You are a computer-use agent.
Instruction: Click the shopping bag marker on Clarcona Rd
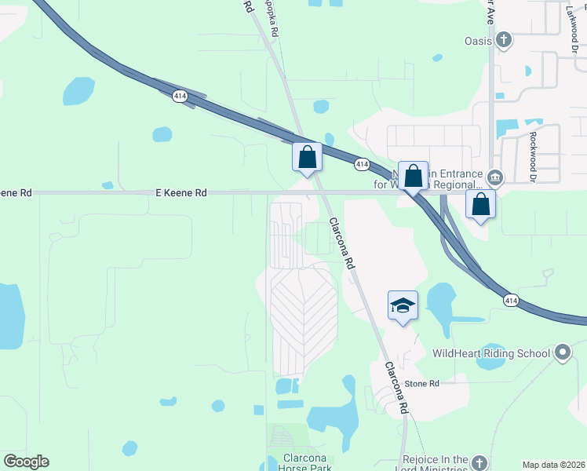[307, 156]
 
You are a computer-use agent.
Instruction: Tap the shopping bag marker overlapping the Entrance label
[413, 177]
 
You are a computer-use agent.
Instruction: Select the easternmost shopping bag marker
[480, 204]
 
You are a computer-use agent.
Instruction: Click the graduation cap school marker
[403, 305]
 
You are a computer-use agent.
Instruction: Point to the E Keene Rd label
[180, 192]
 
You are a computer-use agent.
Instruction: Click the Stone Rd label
[422, 384]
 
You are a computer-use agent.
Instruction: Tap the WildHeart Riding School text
[491, 353]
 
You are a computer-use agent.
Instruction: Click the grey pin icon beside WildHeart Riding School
[562, 352]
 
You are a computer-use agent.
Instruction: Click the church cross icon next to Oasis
[505, 38]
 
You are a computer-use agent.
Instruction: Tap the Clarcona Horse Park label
[300, 463]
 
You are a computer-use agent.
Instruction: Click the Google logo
[26, 462]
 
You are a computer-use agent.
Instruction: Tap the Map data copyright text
[554, 465]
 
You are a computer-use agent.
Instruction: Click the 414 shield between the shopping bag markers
[361, 164]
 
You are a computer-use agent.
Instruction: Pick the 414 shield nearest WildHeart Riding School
[511, 300]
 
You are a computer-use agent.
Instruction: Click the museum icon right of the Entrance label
[495, 176]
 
